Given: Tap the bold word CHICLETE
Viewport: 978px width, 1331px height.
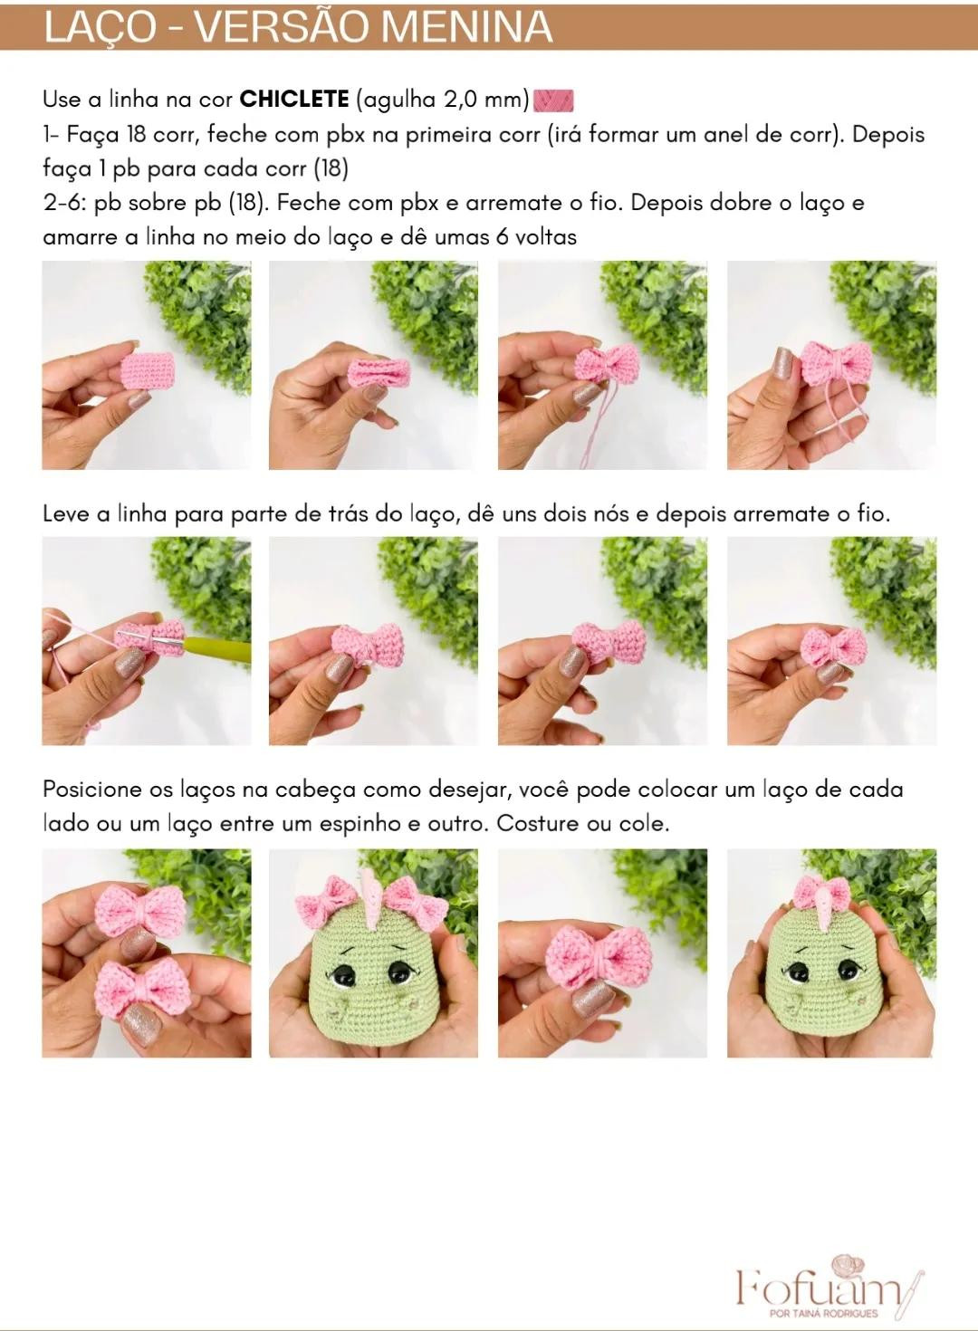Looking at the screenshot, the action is click(x=294, y=100).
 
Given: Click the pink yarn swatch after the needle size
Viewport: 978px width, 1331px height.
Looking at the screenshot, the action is click(x=553, y=100).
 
